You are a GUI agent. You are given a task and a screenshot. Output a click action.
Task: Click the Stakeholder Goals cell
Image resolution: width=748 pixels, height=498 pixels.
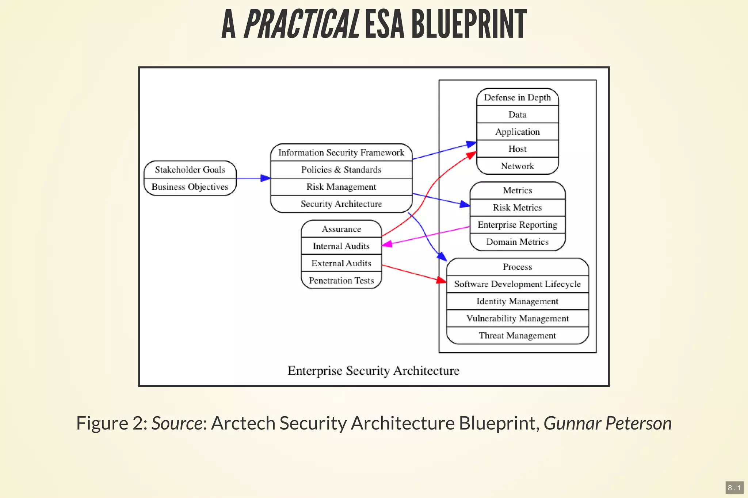(x=190, y=170)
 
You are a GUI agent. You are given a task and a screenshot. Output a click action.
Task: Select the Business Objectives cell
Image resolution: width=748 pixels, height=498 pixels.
(x=190, y=187)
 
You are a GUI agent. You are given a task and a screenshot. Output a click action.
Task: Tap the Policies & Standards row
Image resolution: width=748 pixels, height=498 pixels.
(x=341, y=170)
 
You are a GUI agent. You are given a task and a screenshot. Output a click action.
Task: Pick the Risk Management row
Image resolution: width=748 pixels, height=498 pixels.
(x=341, y=187)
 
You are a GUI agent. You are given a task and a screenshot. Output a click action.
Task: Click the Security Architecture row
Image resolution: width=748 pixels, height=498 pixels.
(x=341, y=204)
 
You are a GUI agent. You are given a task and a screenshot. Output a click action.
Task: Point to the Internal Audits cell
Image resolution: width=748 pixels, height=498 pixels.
(x=341, y=246)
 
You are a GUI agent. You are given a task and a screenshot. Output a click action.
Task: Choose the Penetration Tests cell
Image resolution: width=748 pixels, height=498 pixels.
(x=341, y=281)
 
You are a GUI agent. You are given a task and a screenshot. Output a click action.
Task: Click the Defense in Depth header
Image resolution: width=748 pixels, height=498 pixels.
(x=517, y=97)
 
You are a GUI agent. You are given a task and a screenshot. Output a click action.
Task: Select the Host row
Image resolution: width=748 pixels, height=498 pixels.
(x=517, y=149)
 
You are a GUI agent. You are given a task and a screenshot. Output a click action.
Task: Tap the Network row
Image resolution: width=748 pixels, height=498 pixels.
(x=517, y=166)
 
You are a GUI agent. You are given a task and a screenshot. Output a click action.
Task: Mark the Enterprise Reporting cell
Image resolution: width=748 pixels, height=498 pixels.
(x=517, y=225)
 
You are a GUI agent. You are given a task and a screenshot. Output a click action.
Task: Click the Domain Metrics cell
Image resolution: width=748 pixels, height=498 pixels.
(x=517, y=242)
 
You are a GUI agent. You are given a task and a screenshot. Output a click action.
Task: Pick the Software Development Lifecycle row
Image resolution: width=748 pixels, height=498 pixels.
(x=517, y=284)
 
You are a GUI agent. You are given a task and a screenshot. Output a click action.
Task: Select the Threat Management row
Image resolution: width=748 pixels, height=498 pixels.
(x=517, y=336)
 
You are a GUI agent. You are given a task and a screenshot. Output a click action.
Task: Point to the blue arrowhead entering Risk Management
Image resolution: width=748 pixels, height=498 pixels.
(x=266, y=178)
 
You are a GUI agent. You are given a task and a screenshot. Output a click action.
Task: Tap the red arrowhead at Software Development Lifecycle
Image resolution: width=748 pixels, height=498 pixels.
(x=442, y=280)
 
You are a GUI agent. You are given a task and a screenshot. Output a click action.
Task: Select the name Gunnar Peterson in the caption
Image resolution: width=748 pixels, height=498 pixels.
(x=607, y=423)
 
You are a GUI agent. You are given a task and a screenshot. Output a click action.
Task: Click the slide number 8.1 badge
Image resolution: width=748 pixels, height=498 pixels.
(x=734, y=488)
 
